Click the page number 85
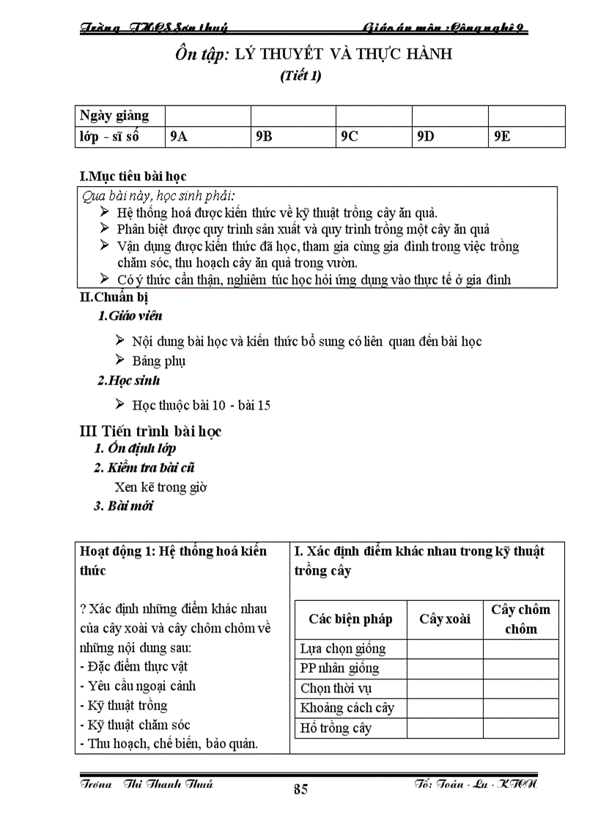[x=300, y=789]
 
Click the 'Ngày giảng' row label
[x=114, y=116]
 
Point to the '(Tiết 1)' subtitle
[x=300, y=75]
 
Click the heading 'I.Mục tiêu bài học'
[x=133, y=177]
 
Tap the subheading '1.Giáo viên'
[x=130, y=316]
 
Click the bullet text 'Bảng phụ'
[x=159, y=361]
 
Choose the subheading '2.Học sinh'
[x=128, y=380]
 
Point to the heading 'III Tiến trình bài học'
[x=150, y=431]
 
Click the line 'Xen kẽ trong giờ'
[x=160, y=487]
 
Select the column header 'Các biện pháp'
[x=350, y=619]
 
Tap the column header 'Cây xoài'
[x=445, y=619]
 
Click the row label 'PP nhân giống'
[x=339, y=668]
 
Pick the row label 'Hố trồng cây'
[x=336, y=728]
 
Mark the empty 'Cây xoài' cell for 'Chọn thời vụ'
[x=445, y=688]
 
